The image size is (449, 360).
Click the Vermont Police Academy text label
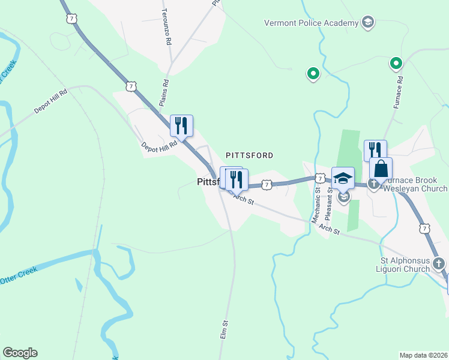coord(311,23)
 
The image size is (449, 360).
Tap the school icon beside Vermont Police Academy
coord(367,23)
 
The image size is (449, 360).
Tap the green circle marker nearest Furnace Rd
coord(396,62)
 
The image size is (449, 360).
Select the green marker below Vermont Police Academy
coord(312,74)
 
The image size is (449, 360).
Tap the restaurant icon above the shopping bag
coord(375,150)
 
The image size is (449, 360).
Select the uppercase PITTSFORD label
coord(249,155)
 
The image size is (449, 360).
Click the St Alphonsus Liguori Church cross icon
coord(439,263)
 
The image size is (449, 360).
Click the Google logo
coord(20,353)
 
